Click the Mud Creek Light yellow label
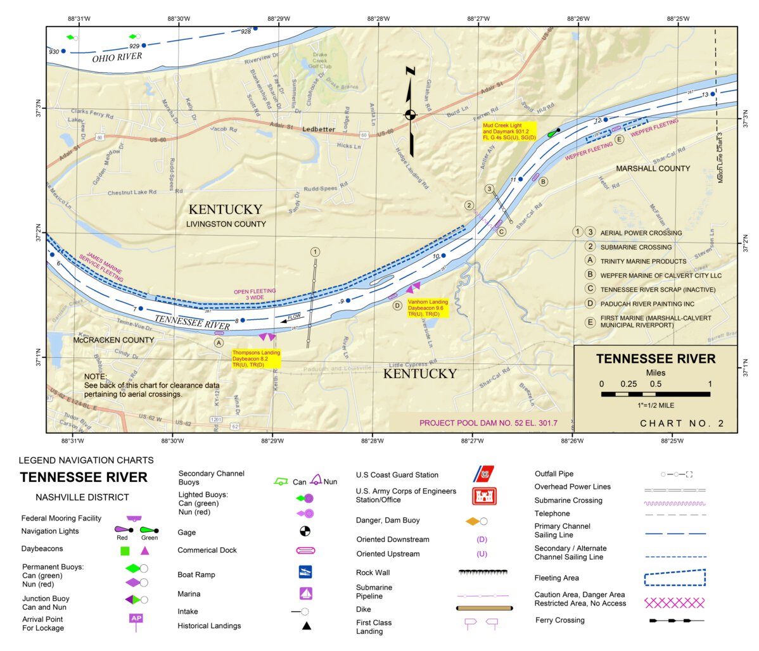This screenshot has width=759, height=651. point(509,132)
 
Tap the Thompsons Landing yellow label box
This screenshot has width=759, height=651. point(256,358)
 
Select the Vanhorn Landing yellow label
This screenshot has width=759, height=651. point(428,308)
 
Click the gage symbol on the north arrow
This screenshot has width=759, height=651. point(411,115)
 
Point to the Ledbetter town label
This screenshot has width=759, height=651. point(319,129)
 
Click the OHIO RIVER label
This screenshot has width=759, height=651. point(117,58)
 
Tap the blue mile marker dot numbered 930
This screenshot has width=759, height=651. point(63,51)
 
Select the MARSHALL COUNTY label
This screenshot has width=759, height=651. point(653,168)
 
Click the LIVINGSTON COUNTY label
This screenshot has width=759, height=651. point(226,224)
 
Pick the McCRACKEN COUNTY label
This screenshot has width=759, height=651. point(113,340)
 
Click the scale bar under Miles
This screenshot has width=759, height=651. point(655,394)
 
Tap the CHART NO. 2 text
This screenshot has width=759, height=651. point(682,424)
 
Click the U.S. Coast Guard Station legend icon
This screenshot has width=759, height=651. point(485,474)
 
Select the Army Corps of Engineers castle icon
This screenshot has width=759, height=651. point(484,496)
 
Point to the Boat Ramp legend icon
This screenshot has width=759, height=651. point(305,572)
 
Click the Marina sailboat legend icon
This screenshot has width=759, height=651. point(306,593)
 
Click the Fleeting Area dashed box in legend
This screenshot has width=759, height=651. point(674,578)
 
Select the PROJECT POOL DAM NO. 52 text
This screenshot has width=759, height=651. point(488,423)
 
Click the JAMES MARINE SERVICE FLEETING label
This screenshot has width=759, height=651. point(101,267)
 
